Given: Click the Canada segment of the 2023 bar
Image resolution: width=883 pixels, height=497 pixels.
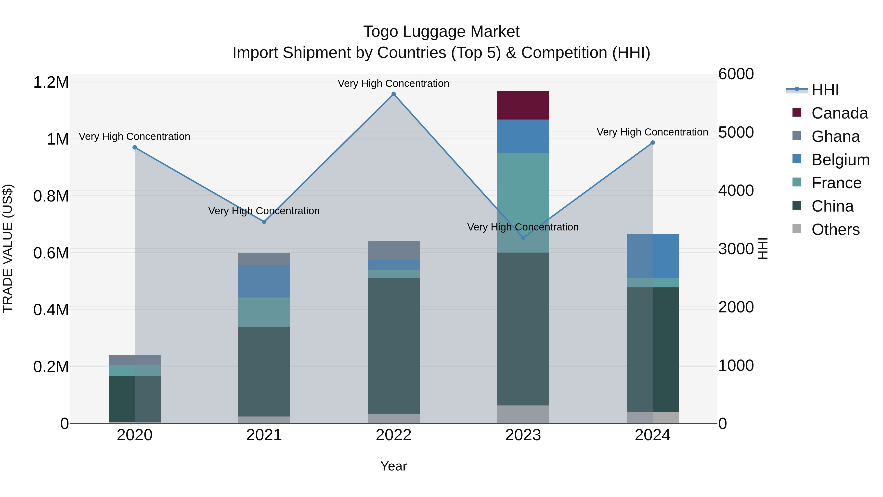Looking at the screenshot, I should (x=523, y=105).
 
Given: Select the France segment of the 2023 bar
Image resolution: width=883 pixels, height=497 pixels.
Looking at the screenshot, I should (x=523, y=202).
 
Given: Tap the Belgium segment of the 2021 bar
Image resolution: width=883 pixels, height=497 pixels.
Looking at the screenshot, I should (x=264, y=281).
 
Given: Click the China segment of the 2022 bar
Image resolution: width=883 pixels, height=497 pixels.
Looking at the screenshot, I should (x=393, y=346).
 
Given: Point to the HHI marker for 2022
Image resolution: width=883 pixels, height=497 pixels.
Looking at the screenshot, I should (x=393, y=94).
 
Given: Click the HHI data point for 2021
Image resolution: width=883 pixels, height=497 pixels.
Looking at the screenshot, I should (x=264, y=222).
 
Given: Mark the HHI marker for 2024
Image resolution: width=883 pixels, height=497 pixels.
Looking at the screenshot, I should (x=652, y=143).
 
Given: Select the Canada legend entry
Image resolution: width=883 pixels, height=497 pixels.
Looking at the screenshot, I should (x=839, y=113).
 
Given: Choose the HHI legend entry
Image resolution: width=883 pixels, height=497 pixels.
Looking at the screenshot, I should (x=825, y=90).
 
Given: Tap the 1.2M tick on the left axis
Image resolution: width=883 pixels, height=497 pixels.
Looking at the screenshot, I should (x=51, y=83).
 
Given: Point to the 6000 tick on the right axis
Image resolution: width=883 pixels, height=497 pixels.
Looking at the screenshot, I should (x=736, y=74).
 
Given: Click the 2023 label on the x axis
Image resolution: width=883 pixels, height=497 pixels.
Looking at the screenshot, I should (x=523, y=435).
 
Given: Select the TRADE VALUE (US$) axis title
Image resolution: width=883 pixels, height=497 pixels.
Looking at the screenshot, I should (x=8, y=248).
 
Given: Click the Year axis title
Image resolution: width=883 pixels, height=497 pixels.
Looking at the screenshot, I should (x=393, y=466).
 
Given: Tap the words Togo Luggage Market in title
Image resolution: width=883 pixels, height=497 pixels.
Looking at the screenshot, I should (x=441, y=32).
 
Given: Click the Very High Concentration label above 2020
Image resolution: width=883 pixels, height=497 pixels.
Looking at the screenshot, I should (x=134, y=136).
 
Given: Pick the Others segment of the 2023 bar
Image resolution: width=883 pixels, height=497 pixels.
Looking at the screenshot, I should (x=523, y=414).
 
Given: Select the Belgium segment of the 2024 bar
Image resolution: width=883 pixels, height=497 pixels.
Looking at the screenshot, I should (x=652, y=256).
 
